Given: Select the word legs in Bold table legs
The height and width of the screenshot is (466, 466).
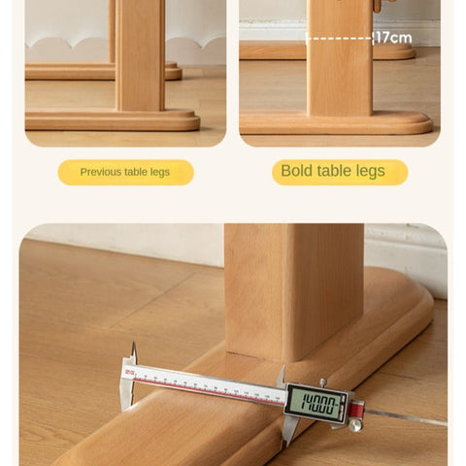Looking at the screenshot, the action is point(371,171).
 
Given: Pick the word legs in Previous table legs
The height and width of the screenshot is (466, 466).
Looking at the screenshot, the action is point(160,173).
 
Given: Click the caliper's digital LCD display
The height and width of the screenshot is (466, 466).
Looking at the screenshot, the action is point(317,404).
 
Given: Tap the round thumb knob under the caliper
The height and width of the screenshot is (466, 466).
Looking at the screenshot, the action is point(355,425).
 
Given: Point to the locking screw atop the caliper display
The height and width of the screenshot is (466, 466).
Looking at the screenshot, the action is point(322,383).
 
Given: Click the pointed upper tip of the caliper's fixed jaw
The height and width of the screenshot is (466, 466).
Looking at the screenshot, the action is point(133,343).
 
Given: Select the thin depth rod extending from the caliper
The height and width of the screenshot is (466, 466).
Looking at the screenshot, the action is point(406,416).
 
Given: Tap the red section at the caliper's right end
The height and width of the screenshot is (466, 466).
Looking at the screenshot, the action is point(356,408).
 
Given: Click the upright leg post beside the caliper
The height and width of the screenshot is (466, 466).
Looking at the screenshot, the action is point(294,291).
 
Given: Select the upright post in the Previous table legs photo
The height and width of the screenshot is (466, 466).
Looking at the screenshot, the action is point(140,55).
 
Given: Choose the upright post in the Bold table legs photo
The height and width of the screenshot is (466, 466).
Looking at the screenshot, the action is point(340,58).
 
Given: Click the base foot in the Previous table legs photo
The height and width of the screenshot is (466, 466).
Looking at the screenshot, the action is point(113,120).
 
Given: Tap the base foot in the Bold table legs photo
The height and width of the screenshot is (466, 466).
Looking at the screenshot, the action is point(336,123).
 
